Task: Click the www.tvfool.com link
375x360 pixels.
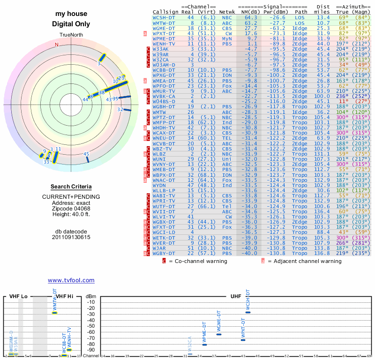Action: pyautogui.click(x=71, y=280)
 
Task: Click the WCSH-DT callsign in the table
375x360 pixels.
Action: pyautogui.click(x=164, y=17)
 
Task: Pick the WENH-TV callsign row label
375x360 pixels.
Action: pyautogui.click(x=164, y=44)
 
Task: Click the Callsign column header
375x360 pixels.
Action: pyautogui.click(x=165, y=12)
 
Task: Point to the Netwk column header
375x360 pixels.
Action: pyautogui.click(x=227, y=12)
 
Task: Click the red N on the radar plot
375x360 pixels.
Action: pyautogui.click(x=57, y=45)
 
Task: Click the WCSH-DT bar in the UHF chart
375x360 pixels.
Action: pyautogui.click(x=248, y=312)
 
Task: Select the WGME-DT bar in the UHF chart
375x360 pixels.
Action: pyautogui.click(x=219, y=334)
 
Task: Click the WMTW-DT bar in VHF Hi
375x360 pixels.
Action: pyautogui.click(x=54, y=313)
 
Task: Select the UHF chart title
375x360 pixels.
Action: pyautogui.click(x=236, y=297)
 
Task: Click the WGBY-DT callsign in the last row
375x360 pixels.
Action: pyautogui.click(x=164, y=254)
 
